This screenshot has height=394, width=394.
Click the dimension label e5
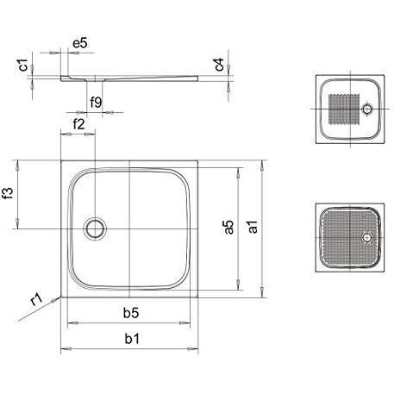80,43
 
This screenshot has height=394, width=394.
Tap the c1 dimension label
22,65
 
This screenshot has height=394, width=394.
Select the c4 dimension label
219,64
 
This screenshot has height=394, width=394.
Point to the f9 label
96,102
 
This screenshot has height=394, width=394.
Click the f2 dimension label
78,124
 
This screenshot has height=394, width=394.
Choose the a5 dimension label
228,228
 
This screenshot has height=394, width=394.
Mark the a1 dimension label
253,227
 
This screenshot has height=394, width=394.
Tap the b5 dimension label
131,313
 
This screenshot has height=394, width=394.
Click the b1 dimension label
132,339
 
